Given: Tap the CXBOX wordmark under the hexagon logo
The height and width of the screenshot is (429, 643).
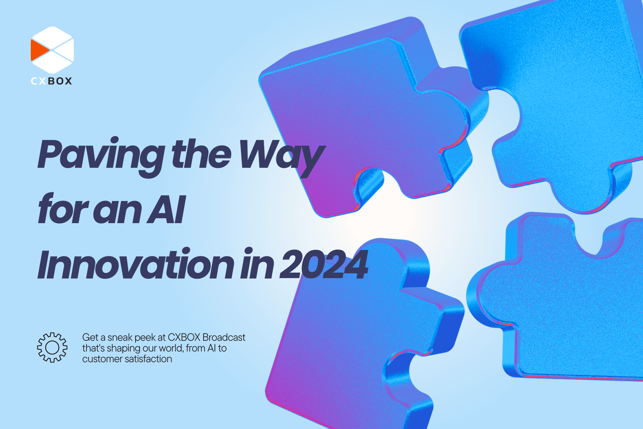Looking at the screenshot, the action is click(52, 81).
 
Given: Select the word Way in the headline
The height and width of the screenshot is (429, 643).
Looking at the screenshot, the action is click(282, 157).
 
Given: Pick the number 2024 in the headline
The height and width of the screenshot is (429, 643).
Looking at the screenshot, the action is click(324, 265).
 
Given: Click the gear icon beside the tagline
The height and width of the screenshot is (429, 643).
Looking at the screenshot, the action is click(52, 347).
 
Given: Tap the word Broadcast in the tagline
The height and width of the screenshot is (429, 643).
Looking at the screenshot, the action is click(224, 337).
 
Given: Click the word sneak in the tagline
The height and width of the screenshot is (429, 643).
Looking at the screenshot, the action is click(120, 338).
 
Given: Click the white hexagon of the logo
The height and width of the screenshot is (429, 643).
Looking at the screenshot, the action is click(53, 50).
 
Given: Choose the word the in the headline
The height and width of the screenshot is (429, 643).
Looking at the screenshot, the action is click(202, 154).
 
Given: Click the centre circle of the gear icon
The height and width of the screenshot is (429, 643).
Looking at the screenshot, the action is click(52, 347).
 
